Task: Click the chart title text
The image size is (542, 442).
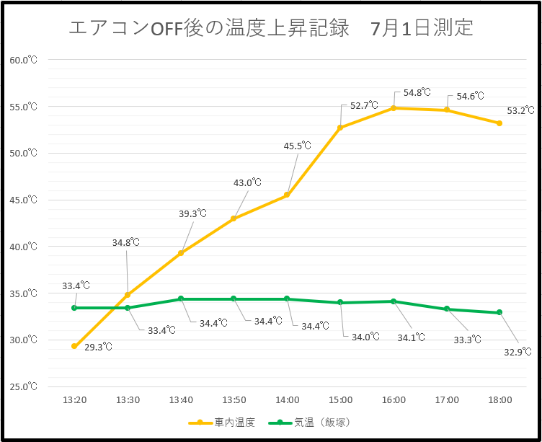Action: click(x=271, y=27)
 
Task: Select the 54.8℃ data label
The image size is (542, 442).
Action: click(x=417, y=93)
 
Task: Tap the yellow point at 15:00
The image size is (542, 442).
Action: click(x=340, y=128)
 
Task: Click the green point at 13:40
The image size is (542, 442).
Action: click(x=181, y=299)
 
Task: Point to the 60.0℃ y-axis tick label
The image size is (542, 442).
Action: click(x=23, y=60)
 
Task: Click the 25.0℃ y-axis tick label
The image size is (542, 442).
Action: click(x=23, y=386)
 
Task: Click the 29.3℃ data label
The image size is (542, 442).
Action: click(x=98, y=347)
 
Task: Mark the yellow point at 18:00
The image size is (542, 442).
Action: click(x=499, y=123)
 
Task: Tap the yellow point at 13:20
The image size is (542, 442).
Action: click(x=74, y=346)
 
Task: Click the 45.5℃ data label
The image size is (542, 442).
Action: click(x=297, y=146)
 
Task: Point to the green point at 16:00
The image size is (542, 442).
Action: click(x=394, y=301)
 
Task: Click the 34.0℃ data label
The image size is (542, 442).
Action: click(x=365, y=337)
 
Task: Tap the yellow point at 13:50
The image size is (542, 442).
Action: click(x=234, y=218)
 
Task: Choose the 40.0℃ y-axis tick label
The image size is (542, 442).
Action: click(x=23, y=247)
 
